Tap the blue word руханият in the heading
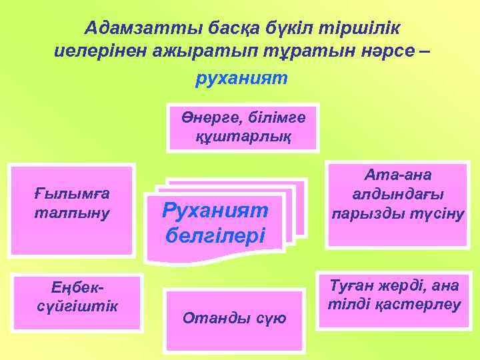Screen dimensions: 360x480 tap(241, 79)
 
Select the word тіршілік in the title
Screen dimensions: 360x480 tap(364, 28)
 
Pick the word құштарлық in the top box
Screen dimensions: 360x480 tap(243, 137)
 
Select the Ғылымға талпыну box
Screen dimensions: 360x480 tap(71, 209)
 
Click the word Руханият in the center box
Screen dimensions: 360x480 tap(215, 211)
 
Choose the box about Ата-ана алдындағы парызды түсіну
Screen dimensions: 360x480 tap(399, 195)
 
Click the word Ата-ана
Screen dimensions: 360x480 tap(399, 175)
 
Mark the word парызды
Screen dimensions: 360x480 tap(373, 215)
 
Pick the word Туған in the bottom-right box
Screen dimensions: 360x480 tap(352, 285)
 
